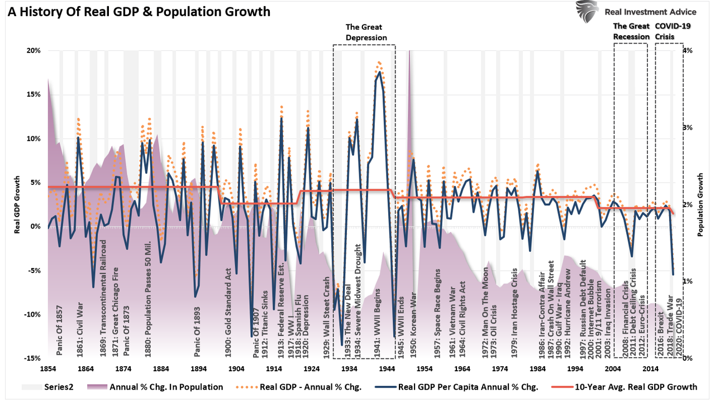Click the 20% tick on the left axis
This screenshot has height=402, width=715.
[33, 51]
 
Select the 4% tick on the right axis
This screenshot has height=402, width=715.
[687, 51]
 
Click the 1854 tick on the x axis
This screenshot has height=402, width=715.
[47, 369]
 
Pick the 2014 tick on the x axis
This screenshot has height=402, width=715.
[650, 369]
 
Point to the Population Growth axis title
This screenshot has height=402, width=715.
[700, 204]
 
